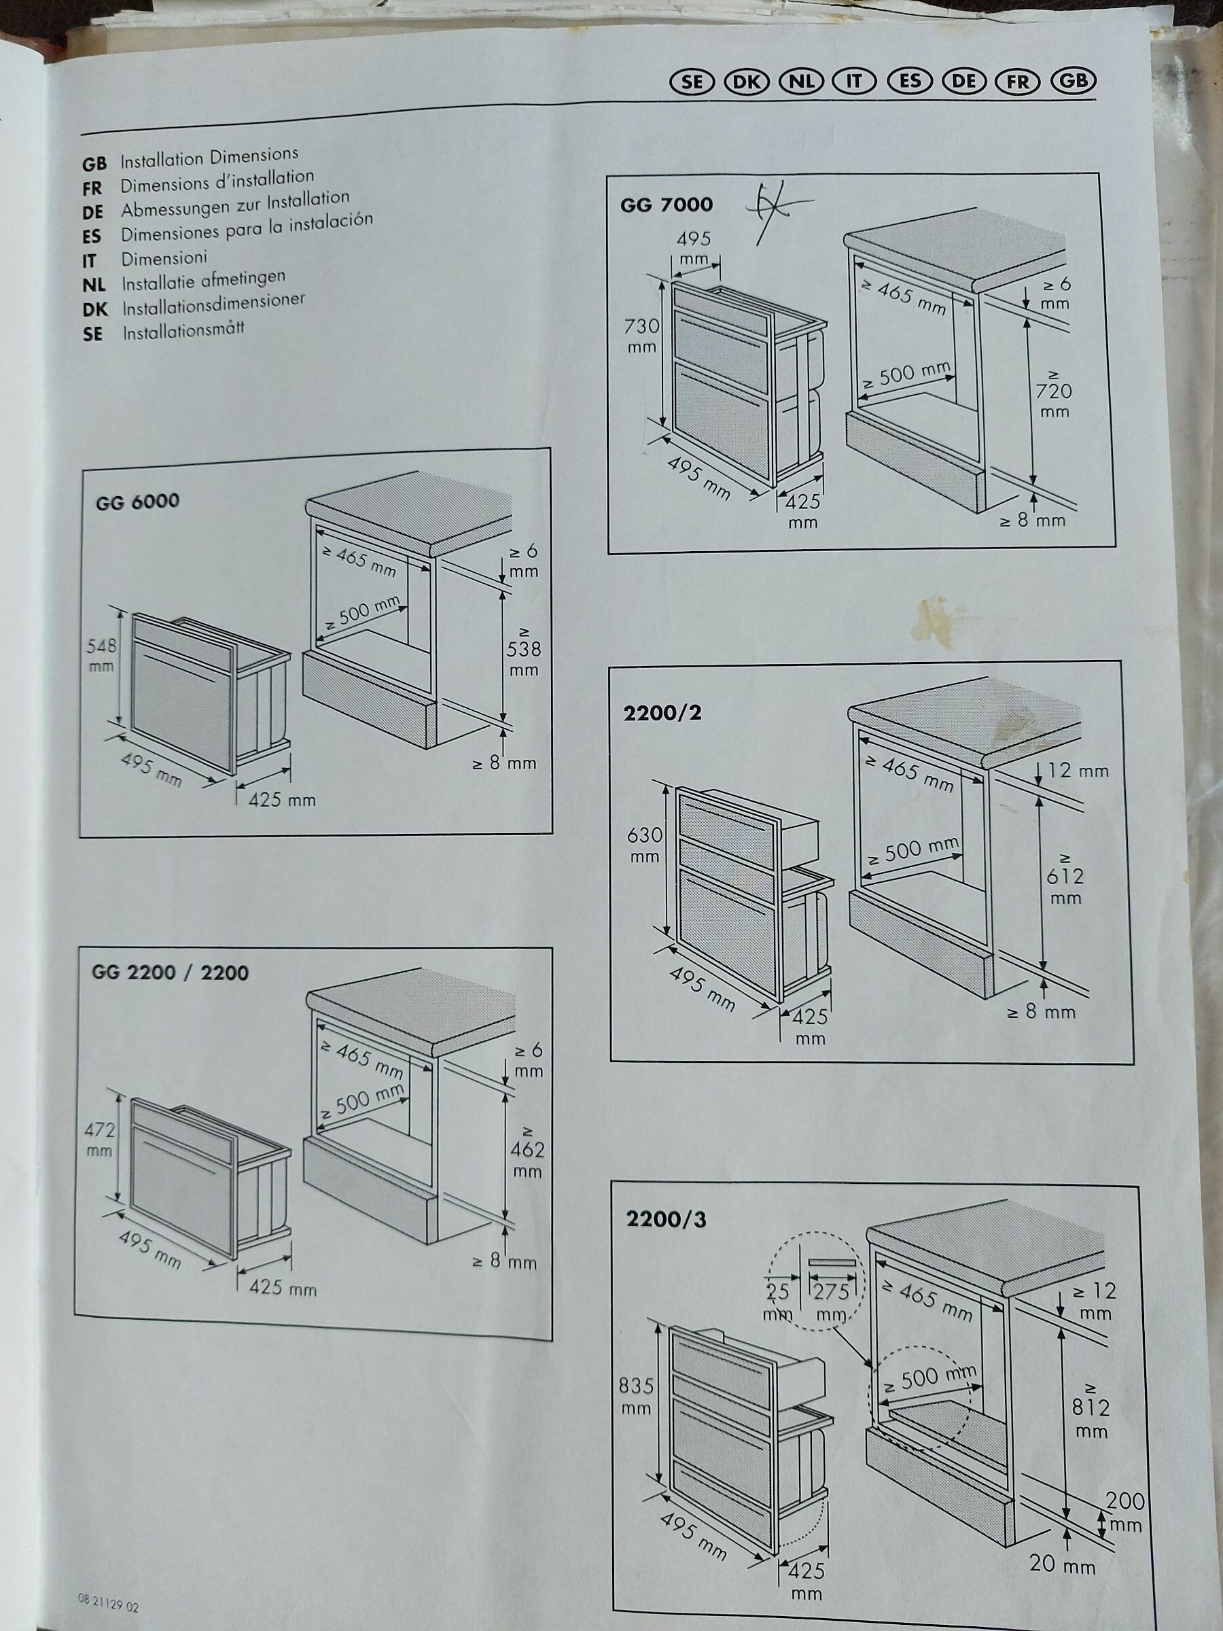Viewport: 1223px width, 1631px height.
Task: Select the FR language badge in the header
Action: tap(1017, 82)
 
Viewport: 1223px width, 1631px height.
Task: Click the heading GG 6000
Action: tap(137, 502)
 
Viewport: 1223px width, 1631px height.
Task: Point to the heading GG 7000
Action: tap(667, 205)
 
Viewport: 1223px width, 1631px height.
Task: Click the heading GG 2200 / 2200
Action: tap(170, 973)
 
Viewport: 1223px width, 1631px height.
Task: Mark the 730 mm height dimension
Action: tap(641, 335)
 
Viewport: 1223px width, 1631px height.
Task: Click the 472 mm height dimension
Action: tap(99, 1139)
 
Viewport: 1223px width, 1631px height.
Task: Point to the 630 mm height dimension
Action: tap(644, 845)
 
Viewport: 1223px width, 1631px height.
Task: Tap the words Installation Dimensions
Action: tap(209, 157)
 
